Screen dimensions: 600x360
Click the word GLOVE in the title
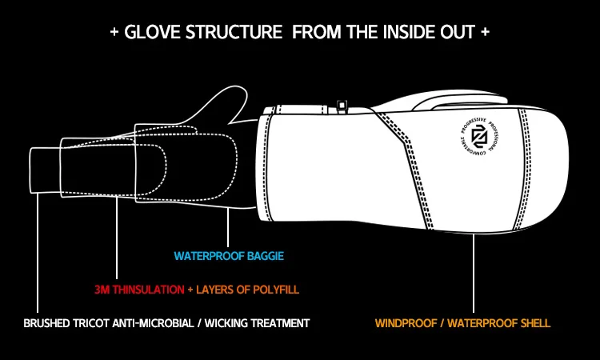(x=148, y=33)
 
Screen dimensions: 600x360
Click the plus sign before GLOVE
(x=114, y=33)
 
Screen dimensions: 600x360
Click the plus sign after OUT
(x=485, y=33)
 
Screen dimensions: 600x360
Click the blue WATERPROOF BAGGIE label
(x=230, y=257)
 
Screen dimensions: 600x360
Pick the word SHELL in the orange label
(x=534, y=323)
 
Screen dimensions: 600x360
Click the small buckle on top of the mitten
(x=343, y=105)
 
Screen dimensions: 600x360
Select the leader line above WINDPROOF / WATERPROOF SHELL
(x=474, y=272)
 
